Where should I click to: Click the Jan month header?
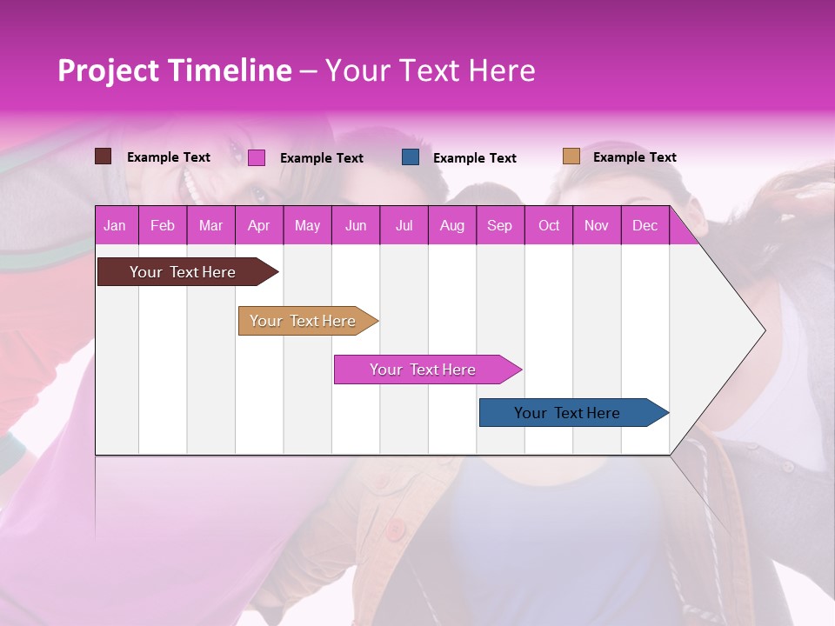tap(115, 226)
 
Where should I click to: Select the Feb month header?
tap(163, 226)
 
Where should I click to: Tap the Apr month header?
tap(258, 226)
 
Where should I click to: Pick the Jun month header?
tap(356, 226)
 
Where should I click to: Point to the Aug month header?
tap(451, 226)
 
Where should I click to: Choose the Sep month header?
tap(499, 226)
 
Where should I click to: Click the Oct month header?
tap(549, 226)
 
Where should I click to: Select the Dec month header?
tap(645, 226)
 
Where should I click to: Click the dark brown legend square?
tap(103, 156)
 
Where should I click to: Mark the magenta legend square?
tap(257, 157)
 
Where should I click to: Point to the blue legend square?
tap(411, 157)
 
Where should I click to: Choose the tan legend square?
tap(571, 156)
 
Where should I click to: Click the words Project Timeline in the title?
tap(174, 70)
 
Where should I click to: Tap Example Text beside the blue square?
tap(474, 158)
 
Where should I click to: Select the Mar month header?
tap(210, 226)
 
